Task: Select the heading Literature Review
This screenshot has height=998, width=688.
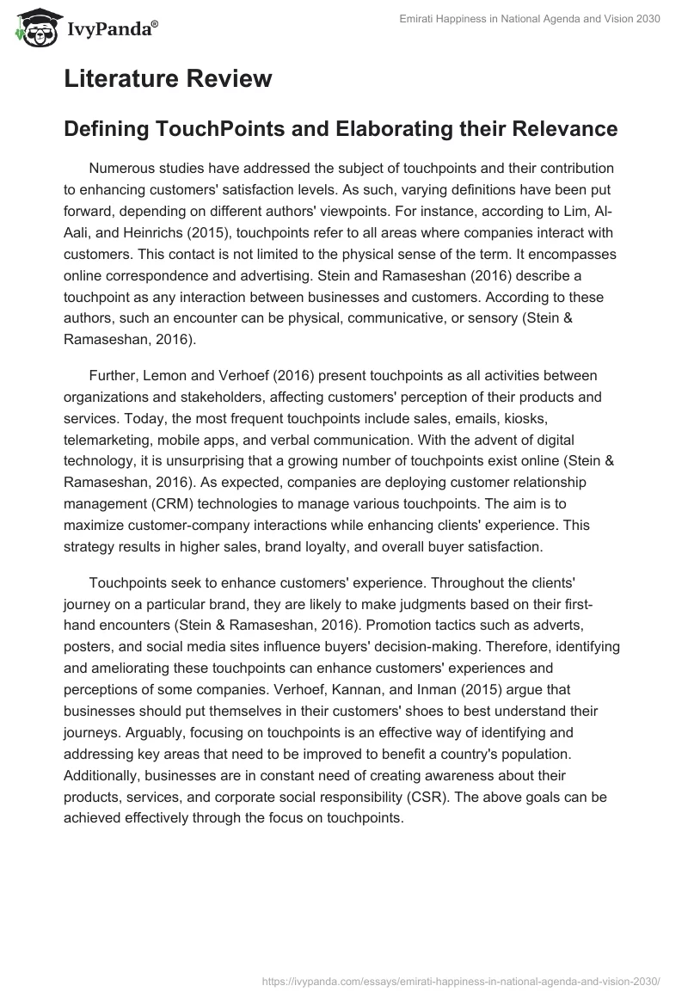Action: click(168, 79)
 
